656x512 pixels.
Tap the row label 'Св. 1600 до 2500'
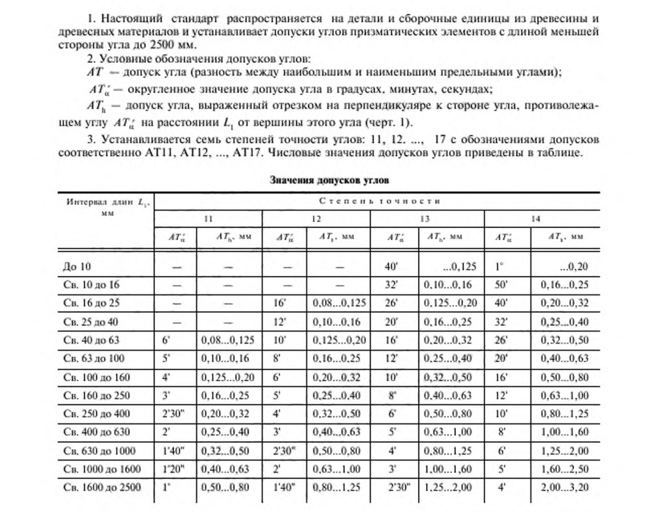click(102, 487)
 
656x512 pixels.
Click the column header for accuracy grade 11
click(208, 219)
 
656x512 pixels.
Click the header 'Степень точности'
click(379, 201)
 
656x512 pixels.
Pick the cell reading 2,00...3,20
click(565, 487)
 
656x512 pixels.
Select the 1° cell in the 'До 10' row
click(502, 267)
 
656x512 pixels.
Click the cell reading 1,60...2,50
click(565, 469)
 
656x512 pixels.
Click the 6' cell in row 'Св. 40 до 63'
click(167, 340)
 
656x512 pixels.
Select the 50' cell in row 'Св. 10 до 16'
click(503, 285)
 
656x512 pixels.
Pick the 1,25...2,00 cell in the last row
click(447, 487)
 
